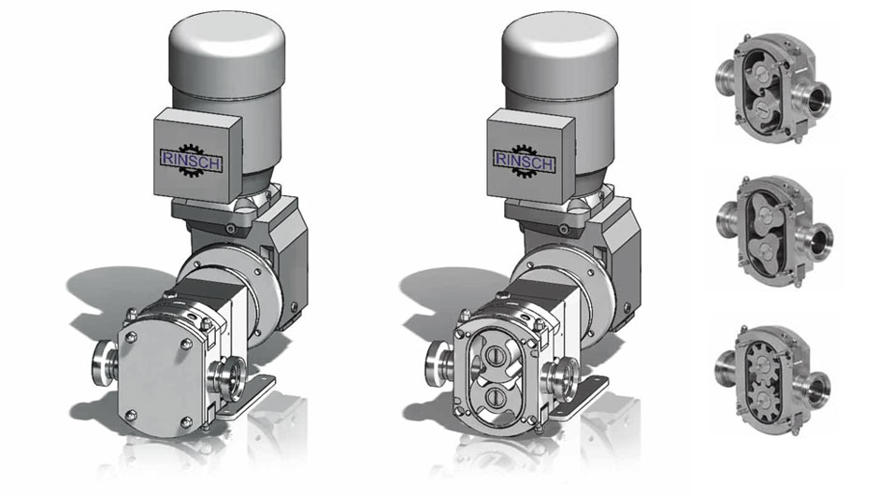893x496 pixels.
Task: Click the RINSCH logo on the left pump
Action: pos(192,160)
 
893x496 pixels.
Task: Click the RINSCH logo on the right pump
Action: pos(524,161)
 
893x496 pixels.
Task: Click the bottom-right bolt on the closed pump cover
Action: pos(186,421)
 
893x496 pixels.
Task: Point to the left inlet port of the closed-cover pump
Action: pos(107,363)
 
